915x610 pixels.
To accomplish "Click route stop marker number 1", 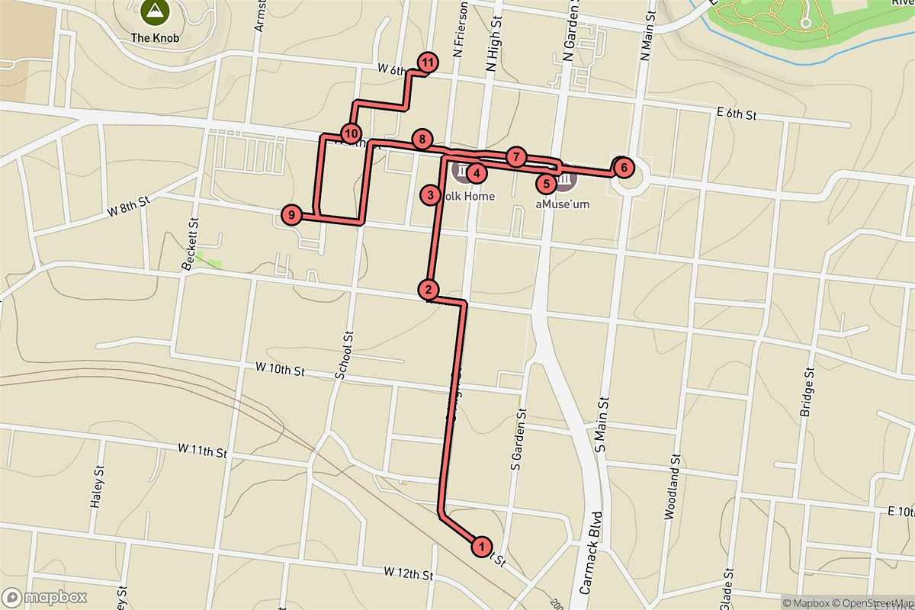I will click(482, 546).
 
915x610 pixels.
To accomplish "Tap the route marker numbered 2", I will click(429, 289).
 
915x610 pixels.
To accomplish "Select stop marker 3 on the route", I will click(431, 196).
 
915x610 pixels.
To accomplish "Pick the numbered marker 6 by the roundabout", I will click(623, 166).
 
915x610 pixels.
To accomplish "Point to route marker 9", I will click(291, 215).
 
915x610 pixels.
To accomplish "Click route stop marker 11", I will click(428, 62).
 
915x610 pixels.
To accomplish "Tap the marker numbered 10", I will click(351, 134).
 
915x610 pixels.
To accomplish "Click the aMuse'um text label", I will click(563, 204).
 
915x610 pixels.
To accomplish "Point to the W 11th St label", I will click(203, 452).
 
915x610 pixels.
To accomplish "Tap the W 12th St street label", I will click(408, 572).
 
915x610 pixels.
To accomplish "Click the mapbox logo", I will click(44, 597).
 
